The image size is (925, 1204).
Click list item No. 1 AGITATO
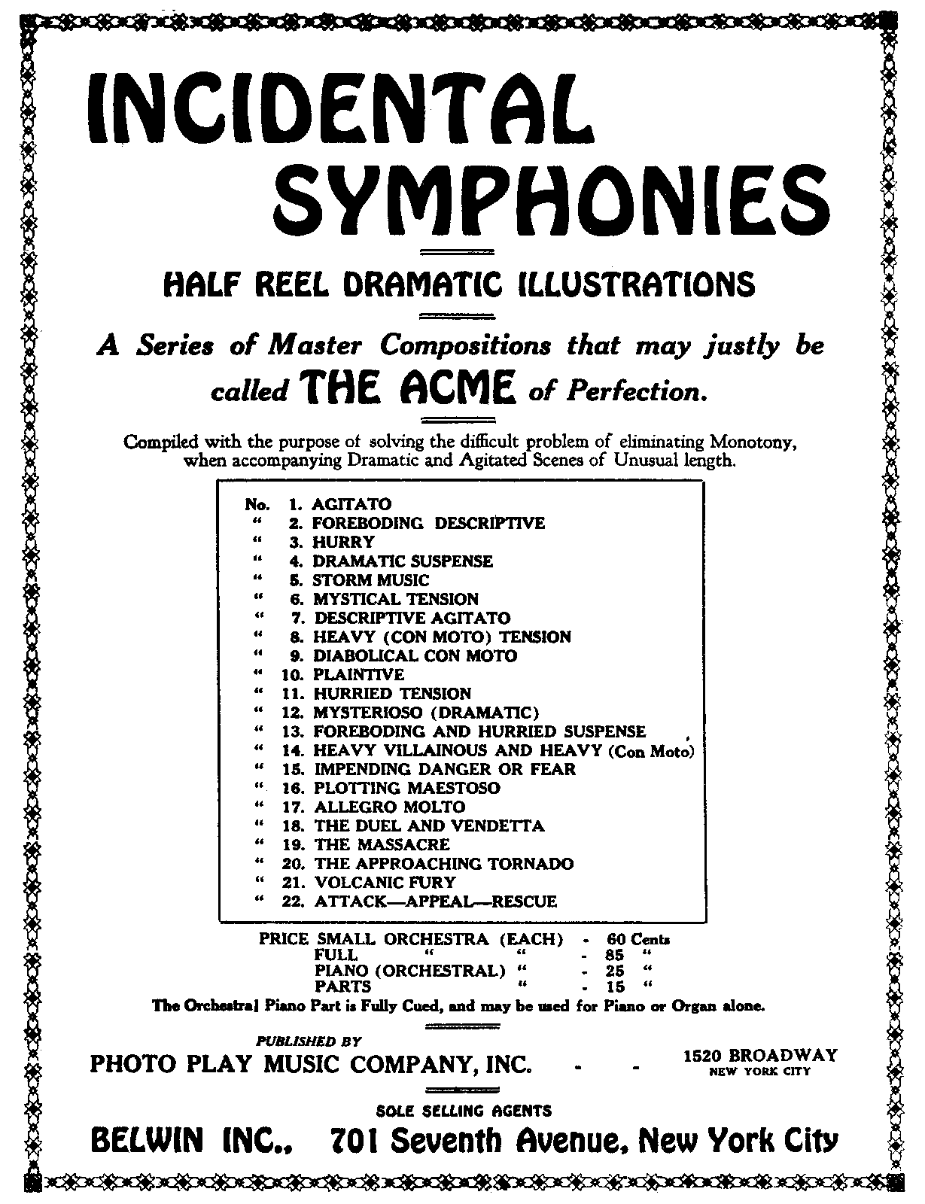coord(351,504)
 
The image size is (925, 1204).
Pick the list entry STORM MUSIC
coord(370,580)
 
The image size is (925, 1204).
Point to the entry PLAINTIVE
coord(358,675)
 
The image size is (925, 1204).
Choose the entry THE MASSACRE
coord(382,845)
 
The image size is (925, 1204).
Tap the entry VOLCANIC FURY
coord(385,883)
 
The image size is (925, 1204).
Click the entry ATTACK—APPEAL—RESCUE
coord(435,901)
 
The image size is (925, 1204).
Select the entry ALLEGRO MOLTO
coord(389,807)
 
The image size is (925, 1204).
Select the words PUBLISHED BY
coord(309,1042)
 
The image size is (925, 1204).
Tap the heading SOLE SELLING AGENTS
coord(463,1111)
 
